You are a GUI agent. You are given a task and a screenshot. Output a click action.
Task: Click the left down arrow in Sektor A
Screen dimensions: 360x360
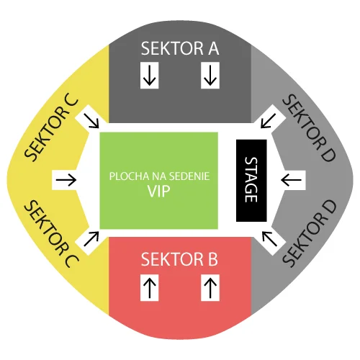pos(150,76)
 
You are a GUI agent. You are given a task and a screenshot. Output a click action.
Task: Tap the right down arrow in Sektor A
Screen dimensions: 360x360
pos(210,76)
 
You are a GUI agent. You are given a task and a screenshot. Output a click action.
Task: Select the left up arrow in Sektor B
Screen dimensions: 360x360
pos(150,287)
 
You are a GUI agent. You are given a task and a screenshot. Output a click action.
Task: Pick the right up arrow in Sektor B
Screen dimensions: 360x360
pos(210,287)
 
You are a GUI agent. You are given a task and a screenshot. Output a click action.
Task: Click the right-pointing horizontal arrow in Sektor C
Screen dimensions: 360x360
pos(66,180)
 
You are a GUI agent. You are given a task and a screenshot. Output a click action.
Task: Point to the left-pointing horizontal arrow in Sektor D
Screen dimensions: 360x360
pos(291,180)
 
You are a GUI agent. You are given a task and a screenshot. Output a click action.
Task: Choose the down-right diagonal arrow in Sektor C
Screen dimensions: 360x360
pos(91,121)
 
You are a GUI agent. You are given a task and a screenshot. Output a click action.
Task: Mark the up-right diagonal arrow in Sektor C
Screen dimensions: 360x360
pos(91,238)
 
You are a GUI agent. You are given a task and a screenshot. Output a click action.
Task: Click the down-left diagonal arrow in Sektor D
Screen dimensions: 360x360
pos(269,121)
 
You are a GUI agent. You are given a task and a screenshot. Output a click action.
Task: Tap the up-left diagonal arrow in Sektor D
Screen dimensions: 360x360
pos(269,238)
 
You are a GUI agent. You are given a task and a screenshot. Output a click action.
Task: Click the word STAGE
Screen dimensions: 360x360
pos(251,180)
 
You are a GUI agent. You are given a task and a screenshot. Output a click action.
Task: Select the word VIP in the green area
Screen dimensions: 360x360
pos(158,192)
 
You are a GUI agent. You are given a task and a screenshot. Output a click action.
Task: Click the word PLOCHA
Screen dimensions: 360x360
pos(130,176)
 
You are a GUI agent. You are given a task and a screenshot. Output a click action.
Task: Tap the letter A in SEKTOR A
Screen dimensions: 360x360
pos(213,48)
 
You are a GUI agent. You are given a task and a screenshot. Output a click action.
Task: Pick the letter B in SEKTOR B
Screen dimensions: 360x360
pos(213,259)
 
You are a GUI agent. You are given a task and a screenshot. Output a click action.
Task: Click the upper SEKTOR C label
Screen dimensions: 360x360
pos(51,129)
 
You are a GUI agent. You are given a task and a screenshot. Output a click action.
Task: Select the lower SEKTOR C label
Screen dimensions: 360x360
pos(51,234)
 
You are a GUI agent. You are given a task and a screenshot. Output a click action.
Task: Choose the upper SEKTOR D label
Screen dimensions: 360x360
pos(309,127)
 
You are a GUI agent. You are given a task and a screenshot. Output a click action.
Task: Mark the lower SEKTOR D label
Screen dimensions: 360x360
pos(310,233)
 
